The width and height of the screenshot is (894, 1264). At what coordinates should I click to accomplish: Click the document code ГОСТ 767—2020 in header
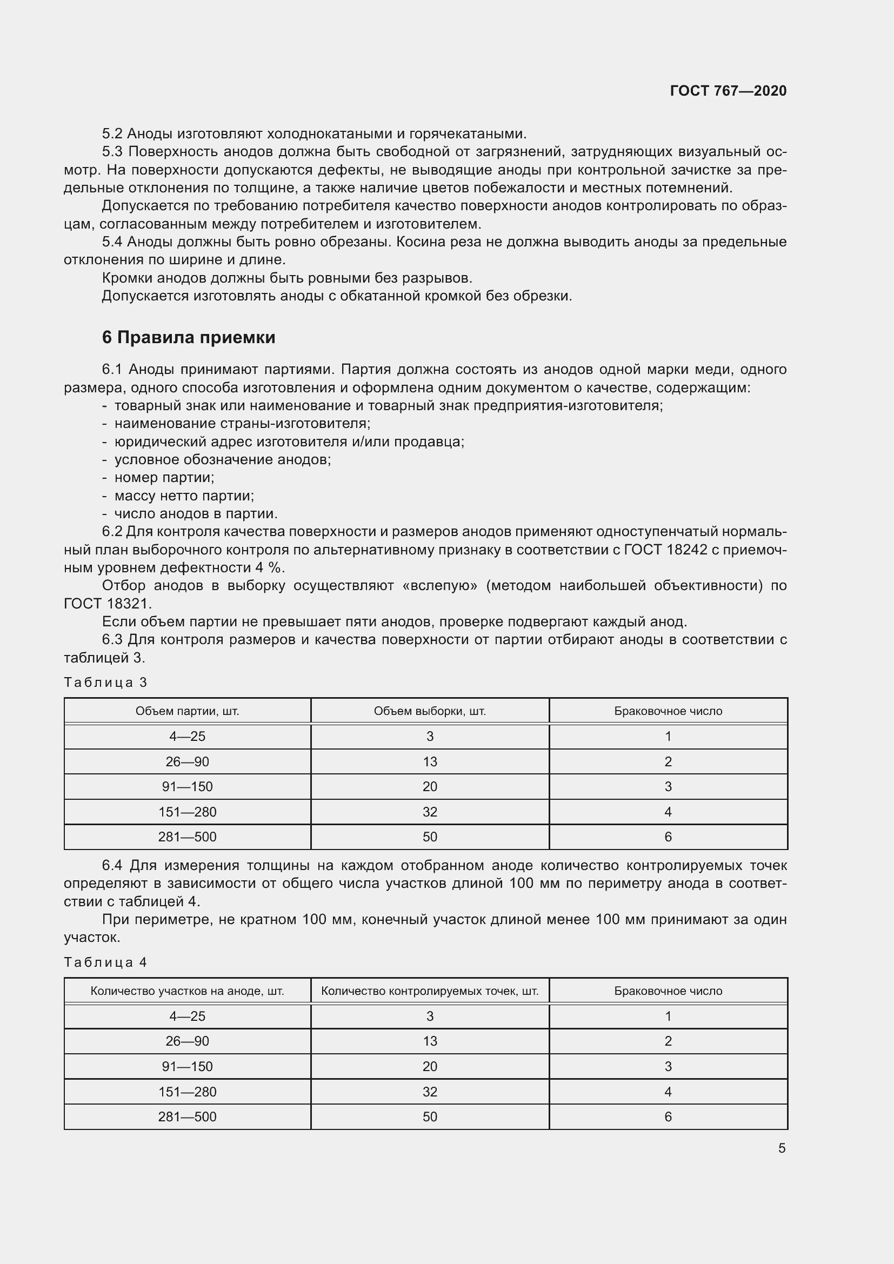pos(728,91)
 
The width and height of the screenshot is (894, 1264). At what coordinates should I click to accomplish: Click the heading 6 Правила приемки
pos(188,337)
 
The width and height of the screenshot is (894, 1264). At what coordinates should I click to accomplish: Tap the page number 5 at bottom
pos(782,1148)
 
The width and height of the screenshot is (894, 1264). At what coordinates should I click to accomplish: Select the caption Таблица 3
pos(106,683)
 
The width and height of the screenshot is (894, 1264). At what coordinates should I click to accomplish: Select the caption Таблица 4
pos(106,962)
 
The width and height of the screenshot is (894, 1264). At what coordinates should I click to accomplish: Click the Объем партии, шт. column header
pos(187,711)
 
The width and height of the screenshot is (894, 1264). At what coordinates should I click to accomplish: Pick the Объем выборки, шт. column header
pos(429,711)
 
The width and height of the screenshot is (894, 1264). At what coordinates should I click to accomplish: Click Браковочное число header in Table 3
pos(668,711)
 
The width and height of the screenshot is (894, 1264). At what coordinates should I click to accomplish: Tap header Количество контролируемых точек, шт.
pos(429,991)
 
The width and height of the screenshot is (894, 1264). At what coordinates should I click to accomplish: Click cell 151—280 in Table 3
pos(187,812)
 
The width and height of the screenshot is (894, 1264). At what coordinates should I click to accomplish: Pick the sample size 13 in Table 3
pos(429,762)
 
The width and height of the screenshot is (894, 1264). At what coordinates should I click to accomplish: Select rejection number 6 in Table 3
pos(668,837)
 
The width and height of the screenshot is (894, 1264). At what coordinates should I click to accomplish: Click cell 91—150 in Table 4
pos(187,1066)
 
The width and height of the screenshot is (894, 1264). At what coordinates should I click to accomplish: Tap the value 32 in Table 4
pos(429,1092)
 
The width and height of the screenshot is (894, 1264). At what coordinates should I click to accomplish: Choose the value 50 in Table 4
pos(429,1116)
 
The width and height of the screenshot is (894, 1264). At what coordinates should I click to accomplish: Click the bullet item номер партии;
pos(164,477)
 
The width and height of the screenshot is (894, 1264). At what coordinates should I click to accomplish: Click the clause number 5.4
pos(112,242)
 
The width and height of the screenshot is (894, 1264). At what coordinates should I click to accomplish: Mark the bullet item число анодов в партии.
pos(196,513)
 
